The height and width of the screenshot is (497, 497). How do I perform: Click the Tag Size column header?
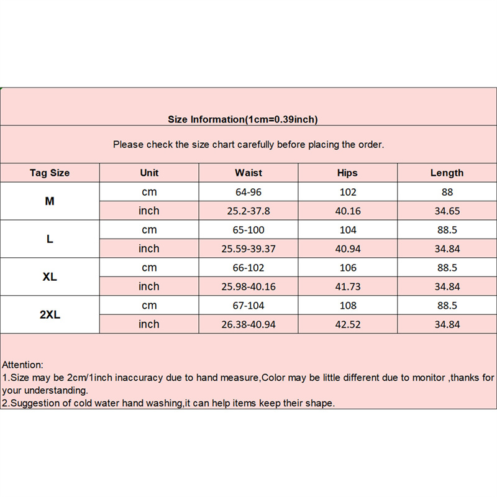[50, 173]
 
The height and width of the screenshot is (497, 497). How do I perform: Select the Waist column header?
[248, 173]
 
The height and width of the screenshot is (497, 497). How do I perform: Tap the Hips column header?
[348, 173]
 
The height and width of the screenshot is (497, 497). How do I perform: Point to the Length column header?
[447, 173]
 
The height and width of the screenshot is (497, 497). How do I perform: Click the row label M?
[50, 201]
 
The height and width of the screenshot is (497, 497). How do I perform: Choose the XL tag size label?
[50, 277]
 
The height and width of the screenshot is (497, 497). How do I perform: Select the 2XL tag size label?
[50, 315]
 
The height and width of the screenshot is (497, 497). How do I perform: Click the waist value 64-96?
[248, 192]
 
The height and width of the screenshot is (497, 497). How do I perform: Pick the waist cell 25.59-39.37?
[248, 248]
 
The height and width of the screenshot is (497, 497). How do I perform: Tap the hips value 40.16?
[348, 211]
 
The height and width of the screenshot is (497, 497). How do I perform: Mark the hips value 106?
[348, 268]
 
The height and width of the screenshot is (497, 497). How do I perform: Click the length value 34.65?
[447, 211]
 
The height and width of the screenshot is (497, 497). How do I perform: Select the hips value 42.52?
[348, 324]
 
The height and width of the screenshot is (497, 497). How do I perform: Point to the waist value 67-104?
[248, 306]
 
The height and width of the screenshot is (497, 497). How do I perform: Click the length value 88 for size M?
[447, 192]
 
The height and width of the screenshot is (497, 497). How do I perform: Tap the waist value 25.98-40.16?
[248, 286]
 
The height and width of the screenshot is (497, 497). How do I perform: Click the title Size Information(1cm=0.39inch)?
[244, 119]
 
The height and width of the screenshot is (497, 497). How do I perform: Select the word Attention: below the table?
[23, 365]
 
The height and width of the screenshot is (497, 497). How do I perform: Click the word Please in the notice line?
[129, 144]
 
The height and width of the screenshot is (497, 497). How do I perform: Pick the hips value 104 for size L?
[348, 230]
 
